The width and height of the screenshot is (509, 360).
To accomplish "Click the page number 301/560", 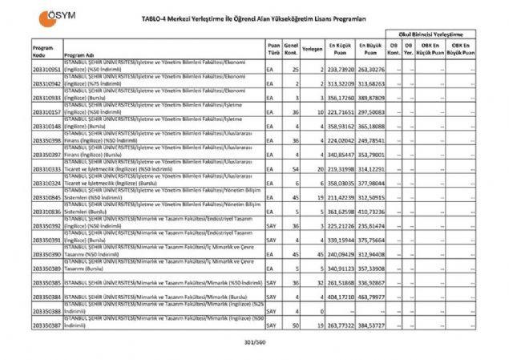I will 253,343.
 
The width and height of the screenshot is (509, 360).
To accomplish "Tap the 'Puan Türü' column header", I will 274,49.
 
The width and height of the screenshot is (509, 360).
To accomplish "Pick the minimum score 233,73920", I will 341,70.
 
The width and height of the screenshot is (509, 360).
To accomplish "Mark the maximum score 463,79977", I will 370,297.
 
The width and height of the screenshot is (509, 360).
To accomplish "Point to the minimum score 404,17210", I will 341,297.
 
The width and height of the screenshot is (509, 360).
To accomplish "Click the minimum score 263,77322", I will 341,326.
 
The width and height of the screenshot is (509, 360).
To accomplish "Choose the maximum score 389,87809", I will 370,98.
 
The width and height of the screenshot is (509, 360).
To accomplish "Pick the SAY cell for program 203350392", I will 272,226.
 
